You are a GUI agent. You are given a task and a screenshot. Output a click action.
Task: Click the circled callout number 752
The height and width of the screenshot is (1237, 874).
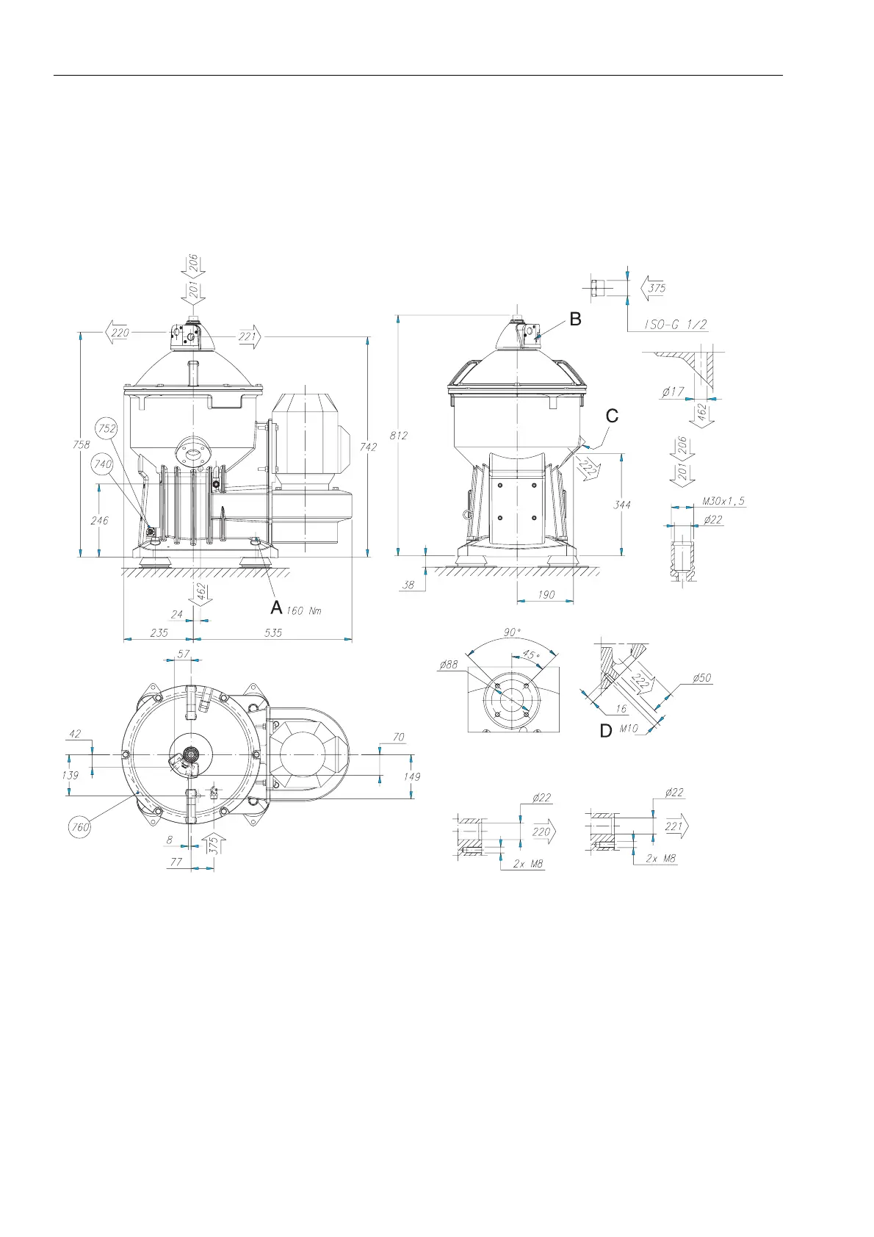[x=107, y=428]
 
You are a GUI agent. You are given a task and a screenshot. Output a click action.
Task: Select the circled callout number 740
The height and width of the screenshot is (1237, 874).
[x=103, y=464]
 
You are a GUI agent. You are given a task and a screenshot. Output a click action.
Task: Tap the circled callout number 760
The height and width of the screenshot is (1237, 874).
[x=80, y=827]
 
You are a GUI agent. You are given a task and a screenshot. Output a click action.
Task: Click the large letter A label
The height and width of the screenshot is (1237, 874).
[x=276, y=607]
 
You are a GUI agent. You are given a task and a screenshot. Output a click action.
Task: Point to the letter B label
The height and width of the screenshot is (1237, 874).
[x=575, y=319]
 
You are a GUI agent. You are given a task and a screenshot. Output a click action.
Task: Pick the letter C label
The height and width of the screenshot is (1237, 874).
[x=612, y=416]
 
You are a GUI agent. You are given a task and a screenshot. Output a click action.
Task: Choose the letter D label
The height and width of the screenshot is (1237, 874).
[x=606, y=731]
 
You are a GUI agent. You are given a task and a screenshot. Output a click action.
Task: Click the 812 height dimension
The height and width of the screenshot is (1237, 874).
[x=399, y=436]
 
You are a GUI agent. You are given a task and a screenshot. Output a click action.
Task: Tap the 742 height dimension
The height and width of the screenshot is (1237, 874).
[x=369, y=447]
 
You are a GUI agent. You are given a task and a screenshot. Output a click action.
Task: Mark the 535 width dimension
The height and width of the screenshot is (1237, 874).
[x=273, y=632]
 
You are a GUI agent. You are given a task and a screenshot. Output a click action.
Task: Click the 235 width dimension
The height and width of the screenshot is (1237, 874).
[x=159, y=632]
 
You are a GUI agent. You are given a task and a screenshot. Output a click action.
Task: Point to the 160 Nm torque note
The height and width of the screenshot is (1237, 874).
[x=304, y=610]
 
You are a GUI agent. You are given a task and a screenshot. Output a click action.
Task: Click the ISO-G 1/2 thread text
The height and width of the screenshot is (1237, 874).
[x=676, y=325]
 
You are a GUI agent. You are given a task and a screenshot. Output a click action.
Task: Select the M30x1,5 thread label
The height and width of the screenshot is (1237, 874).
[x=723, y=501]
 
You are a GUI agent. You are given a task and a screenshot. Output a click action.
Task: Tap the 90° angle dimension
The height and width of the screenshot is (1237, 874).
[x=513, y=632]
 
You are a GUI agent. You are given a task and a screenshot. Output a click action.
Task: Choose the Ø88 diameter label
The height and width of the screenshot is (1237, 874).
[x=448, y=665]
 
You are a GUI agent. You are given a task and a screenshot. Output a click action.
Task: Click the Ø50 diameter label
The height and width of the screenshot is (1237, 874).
[x=701, y=678]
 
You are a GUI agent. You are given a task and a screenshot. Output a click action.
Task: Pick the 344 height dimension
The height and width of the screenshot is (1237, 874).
[x=621, y=505]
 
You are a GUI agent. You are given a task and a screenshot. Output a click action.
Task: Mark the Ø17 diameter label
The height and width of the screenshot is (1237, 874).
[x=673, y=392]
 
